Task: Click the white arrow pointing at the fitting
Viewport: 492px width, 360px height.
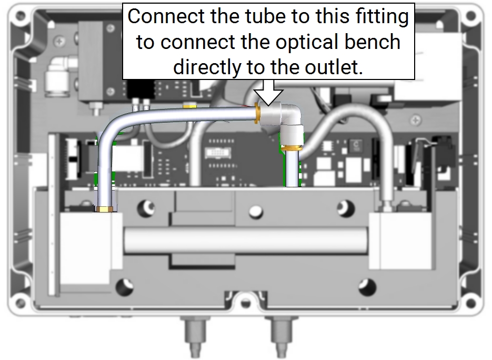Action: pyautogui.click(x=268, y=93)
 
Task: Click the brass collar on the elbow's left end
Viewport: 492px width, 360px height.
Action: pyautogui.click(x=257, y=112)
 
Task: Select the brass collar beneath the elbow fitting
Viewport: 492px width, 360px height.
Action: pyautogui.click(x=292, y=148)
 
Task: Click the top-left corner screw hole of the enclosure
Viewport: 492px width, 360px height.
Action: pyautogui.click(x=20, y=15)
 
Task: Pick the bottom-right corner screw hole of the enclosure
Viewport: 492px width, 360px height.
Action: pyautogui.click(x=470, y=304)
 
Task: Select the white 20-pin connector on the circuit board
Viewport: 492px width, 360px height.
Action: pyautogui.click(x=218, y=153)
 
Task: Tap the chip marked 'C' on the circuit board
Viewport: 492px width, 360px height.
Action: pyautogui.click(x=356, y=145)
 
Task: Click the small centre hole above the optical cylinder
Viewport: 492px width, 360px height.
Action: pyautogui.click(x=255, y=212)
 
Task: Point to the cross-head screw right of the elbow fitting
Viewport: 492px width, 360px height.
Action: pyautogui.click(x=416, y=120)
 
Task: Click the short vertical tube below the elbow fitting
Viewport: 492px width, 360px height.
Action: pyautogui.click(x=292, y=169)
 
